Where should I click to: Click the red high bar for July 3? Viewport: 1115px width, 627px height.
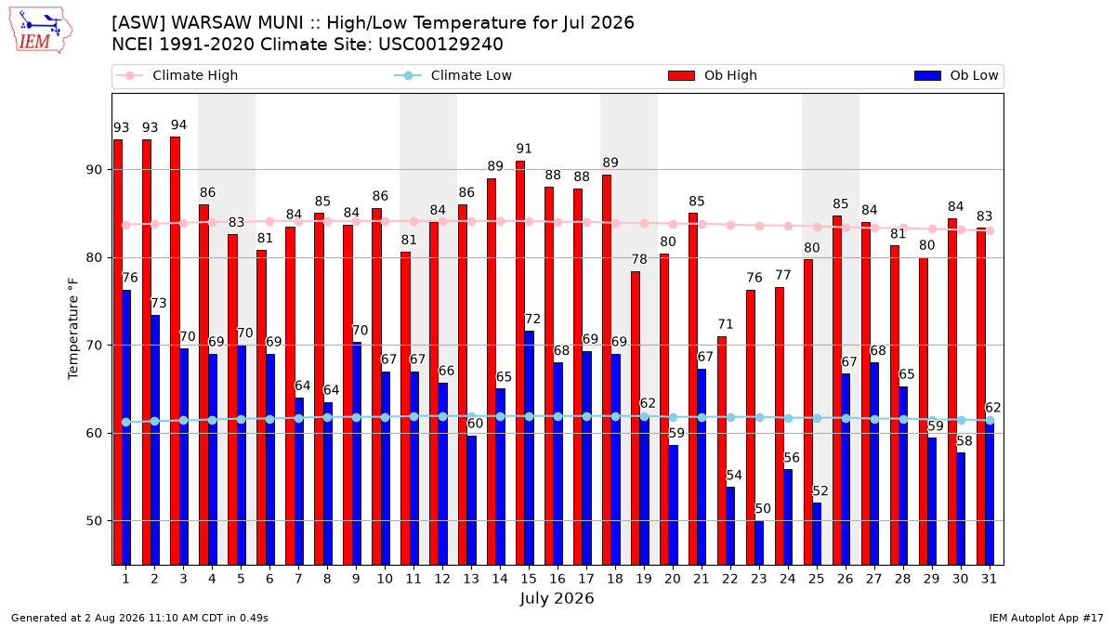(176, 351)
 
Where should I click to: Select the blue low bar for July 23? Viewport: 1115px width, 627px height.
(759, 542)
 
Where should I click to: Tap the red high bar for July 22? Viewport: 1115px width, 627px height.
(722, 451)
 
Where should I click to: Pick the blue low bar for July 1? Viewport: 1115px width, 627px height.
(126, 427)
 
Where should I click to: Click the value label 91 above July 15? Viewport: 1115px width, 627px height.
(524, 149)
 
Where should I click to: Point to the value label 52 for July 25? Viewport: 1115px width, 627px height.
(820, 491)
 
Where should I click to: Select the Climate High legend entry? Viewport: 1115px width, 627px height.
(177, 75)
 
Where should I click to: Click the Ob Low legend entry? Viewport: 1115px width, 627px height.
(956, 75)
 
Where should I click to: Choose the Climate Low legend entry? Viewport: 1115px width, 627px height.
(453, 75)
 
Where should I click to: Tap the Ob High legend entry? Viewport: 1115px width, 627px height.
(713, 75)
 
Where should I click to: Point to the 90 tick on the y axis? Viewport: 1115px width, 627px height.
(94, 170)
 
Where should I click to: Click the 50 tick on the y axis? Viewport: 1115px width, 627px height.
(94, 521)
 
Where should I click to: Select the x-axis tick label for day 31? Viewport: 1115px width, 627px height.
(989, 579)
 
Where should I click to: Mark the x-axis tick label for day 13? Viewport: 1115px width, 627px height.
(471, 579)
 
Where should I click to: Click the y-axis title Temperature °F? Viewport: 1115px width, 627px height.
(73, 329)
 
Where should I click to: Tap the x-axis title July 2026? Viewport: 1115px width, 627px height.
(557, 598)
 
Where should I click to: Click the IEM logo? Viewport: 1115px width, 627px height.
(41, 31)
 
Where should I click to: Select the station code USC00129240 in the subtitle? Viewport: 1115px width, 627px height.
(440, 45)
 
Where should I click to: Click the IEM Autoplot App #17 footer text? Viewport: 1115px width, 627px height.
(1046, 618)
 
